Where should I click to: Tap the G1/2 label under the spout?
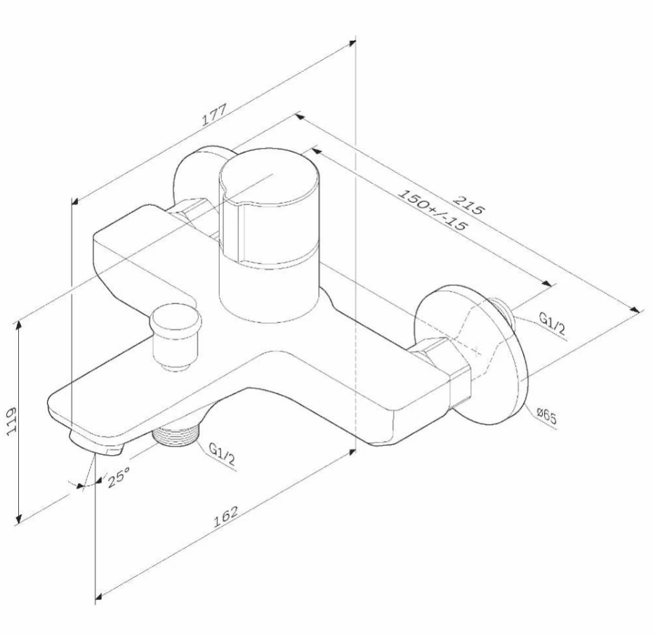222,454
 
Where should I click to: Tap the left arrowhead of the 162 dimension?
99,597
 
